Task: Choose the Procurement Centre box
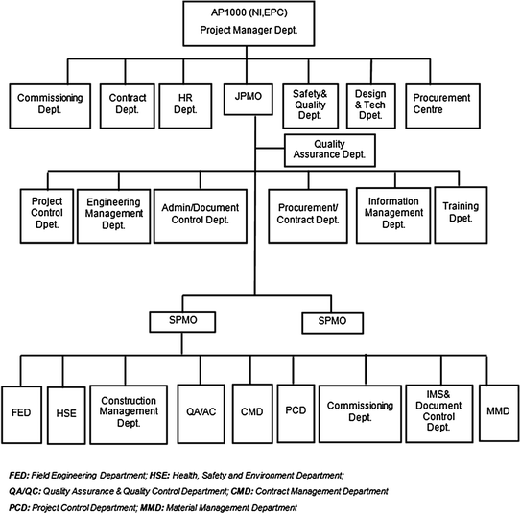click(x=442, y=105)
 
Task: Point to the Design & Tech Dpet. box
click(x=368, y=105)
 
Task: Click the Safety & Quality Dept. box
click(x=307, y=105)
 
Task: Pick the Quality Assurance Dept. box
click(x=329, y=150)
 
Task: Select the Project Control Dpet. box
click(x=45, y=215)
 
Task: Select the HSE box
click(x=66, y=413)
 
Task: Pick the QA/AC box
click(x=201, y=412)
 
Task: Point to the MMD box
click(x=498, y=412)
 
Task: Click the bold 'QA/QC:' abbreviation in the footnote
click(x=22, y=490)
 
